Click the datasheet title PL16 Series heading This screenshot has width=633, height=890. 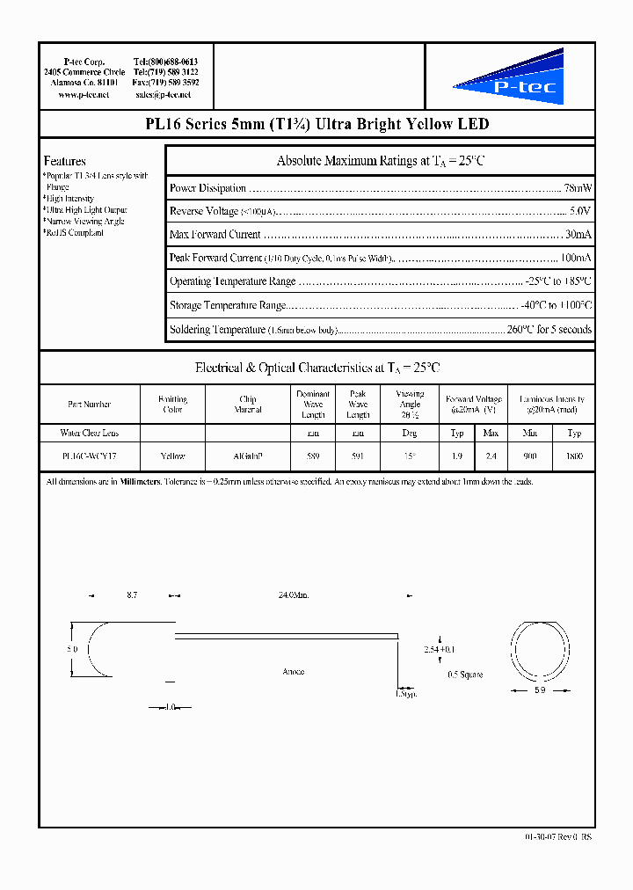coord(316,125)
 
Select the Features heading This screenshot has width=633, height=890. coord(65,161)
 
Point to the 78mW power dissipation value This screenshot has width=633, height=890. coord(577,188)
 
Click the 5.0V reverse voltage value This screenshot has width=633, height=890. coord(579,211)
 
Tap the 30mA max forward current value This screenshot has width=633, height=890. coord(578,235)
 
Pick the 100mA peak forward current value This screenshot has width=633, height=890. coord(575,259)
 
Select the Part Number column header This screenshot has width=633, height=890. coord(90,405)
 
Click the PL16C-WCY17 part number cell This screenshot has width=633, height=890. coord(90,456)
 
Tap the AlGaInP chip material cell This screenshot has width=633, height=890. coord(248,456)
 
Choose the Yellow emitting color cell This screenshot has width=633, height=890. coord(173,456)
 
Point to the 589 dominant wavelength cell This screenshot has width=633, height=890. coord(313,456)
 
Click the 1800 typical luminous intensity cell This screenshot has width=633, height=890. coord(574,456)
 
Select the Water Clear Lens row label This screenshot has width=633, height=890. coord(90,433)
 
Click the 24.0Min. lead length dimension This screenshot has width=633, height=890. coord(293,595)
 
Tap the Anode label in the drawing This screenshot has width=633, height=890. coord(293,672)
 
